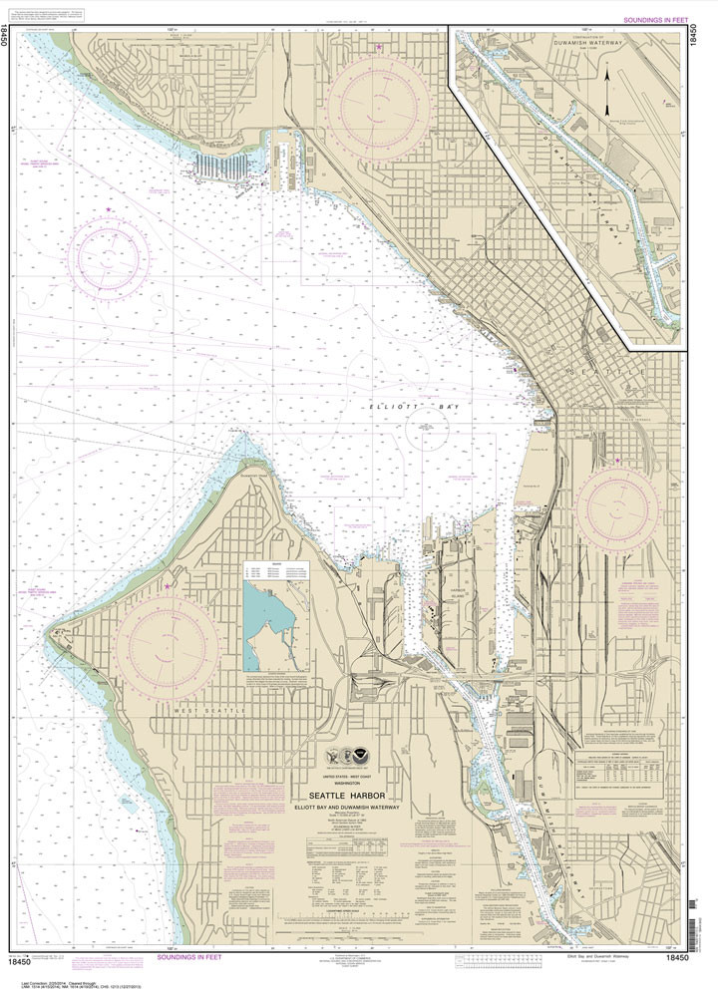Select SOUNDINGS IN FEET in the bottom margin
coord(190,957)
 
